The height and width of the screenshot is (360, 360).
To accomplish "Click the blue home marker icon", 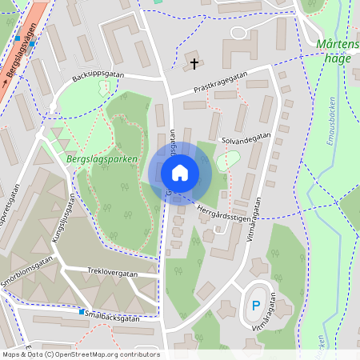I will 180,173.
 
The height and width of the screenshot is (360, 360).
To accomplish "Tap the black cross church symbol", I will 193,63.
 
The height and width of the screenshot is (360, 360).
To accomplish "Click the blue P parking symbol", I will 256,305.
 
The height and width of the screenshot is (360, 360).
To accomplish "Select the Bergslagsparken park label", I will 98,158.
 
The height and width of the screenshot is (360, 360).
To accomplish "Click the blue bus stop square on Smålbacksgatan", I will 82,311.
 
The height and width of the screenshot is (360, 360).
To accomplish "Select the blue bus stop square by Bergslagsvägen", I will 17,38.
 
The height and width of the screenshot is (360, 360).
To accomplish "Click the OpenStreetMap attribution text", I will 80,354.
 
